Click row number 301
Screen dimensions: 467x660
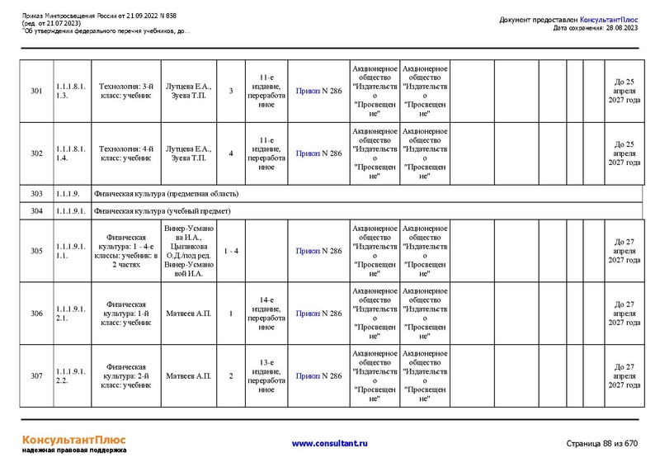click(x=36, y=91)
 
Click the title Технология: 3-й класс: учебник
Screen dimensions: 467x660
click(x=126, y=91)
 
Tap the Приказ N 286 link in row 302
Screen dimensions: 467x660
click(x=318, y=153)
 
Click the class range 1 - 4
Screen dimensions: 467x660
click(x=231, y=251)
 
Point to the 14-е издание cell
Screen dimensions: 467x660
click(x=266, y=314)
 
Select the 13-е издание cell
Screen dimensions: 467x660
click(x=266, y=376)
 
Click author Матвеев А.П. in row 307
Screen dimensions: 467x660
click(x=188, y=376)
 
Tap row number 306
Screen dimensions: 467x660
click(x=36, y=314)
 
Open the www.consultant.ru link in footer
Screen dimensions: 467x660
click(x=330, y=443)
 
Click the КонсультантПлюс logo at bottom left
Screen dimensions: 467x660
click(x=73, y=440)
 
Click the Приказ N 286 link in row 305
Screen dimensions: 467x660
click(x=318, y=251)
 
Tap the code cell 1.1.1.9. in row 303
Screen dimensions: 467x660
click(x=68, y=194)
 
